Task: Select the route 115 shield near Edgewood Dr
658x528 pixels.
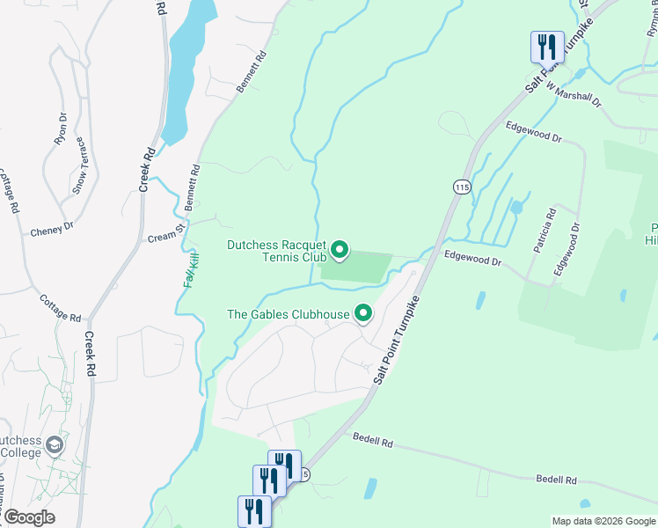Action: pos(462,187)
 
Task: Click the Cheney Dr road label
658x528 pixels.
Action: pos(52,231)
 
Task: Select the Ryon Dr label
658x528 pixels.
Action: pos(61,128)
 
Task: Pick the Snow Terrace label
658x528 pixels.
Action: pos(79,165)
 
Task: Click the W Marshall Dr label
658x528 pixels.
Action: pos(573,95)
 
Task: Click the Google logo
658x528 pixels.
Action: pos(28,518)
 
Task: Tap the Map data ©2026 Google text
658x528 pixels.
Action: pos(603,521)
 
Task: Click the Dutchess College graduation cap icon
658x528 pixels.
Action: pos(56,445)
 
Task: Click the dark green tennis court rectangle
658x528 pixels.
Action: pos(356,268)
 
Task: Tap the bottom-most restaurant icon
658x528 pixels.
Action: pos(252,510)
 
